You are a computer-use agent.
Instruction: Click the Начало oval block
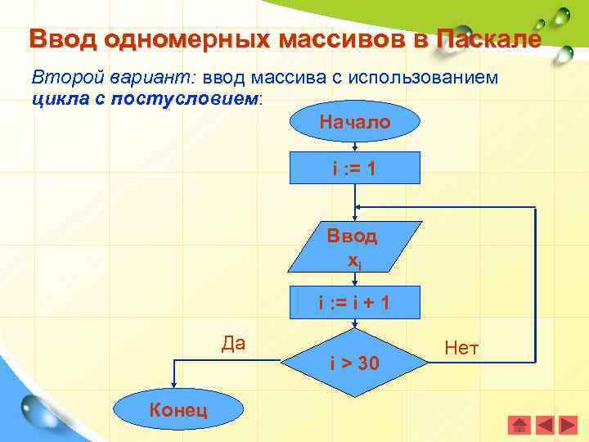coord(354,123)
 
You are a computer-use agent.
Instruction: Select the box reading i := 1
coord(354,169)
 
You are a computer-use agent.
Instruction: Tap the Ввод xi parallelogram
coord(354,246)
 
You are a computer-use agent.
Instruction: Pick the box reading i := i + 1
coord(354,302)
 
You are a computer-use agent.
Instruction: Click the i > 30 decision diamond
coord(354,363)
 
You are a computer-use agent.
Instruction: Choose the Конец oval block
coord(178,409)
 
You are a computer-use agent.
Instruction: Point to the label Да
coord(233,342)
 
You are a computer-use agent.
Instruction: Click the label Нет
coord(461,349)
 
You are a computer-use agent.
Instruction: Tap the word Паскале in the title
coord(488,38)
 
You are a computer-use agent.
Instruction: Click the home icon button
coord(519,425)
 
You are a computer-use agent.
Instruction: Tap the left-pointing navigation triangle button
coord(545,425)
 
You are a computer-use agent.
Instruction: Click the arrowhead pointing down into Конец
coord(173,386)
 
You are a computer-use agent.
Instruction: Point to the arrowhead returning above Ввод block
coord(361,208)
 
